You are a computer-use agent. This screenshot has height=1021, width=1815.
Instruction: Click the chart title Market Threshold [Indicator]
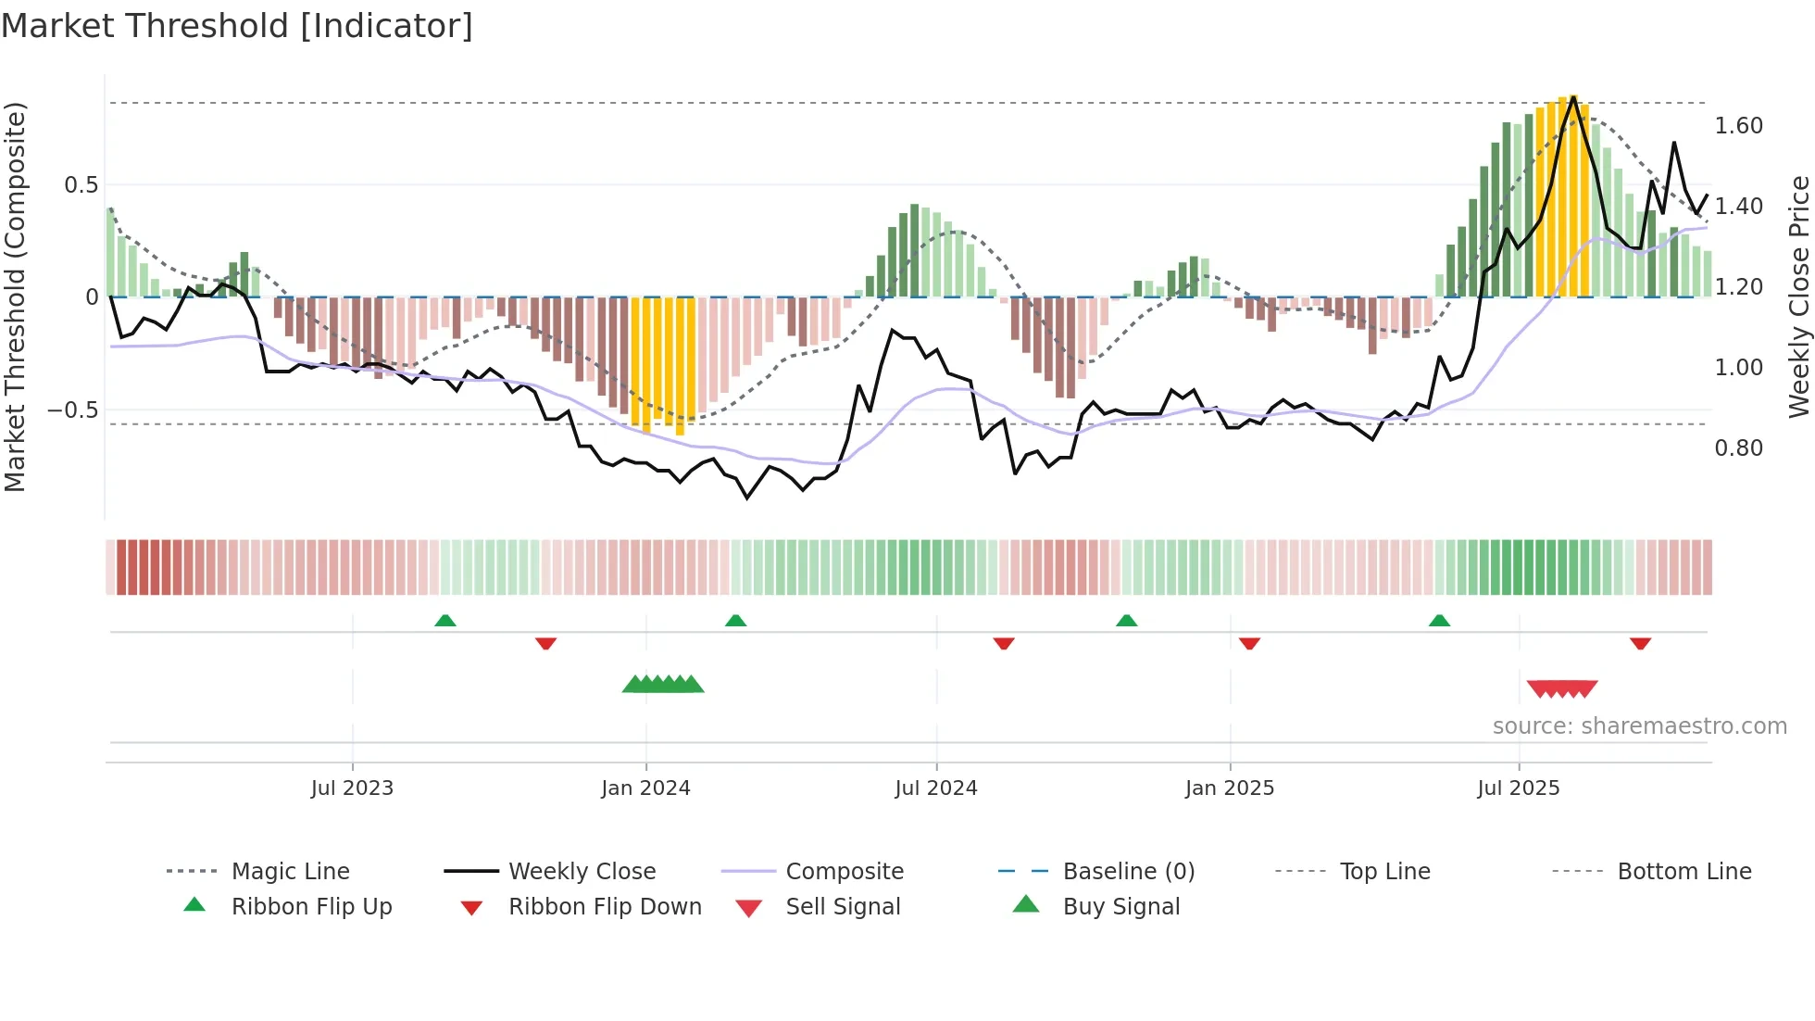(x=237, y=26)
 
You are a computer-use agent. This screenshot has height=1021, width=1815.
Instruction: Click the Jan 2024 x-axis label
(x=645, y=788)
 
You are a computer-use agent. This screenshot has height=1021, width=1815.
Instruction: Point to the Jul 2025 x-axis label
(x=1518, y=788)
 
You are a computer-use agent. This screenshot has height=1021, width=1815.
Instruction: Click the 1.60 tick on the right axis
(x=1738, y=126)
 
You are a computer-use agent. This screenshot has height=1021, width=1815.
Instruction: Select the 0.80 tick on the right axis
(x=1738, y=448)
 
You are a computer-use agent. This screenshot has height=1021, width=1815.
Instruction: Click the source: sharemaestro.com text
(x=1639, y=726)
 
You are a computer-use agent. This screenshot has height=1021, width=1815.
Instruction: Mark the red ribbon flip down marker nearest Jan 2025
(x=1249, y=643)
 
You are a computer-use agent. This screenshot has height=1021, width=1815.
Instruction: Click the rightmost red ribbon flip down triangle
(x=1640, y=643)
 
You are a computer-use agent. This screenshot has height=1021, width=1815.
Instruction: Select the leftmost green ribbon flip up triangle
(x=445, y=621)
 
